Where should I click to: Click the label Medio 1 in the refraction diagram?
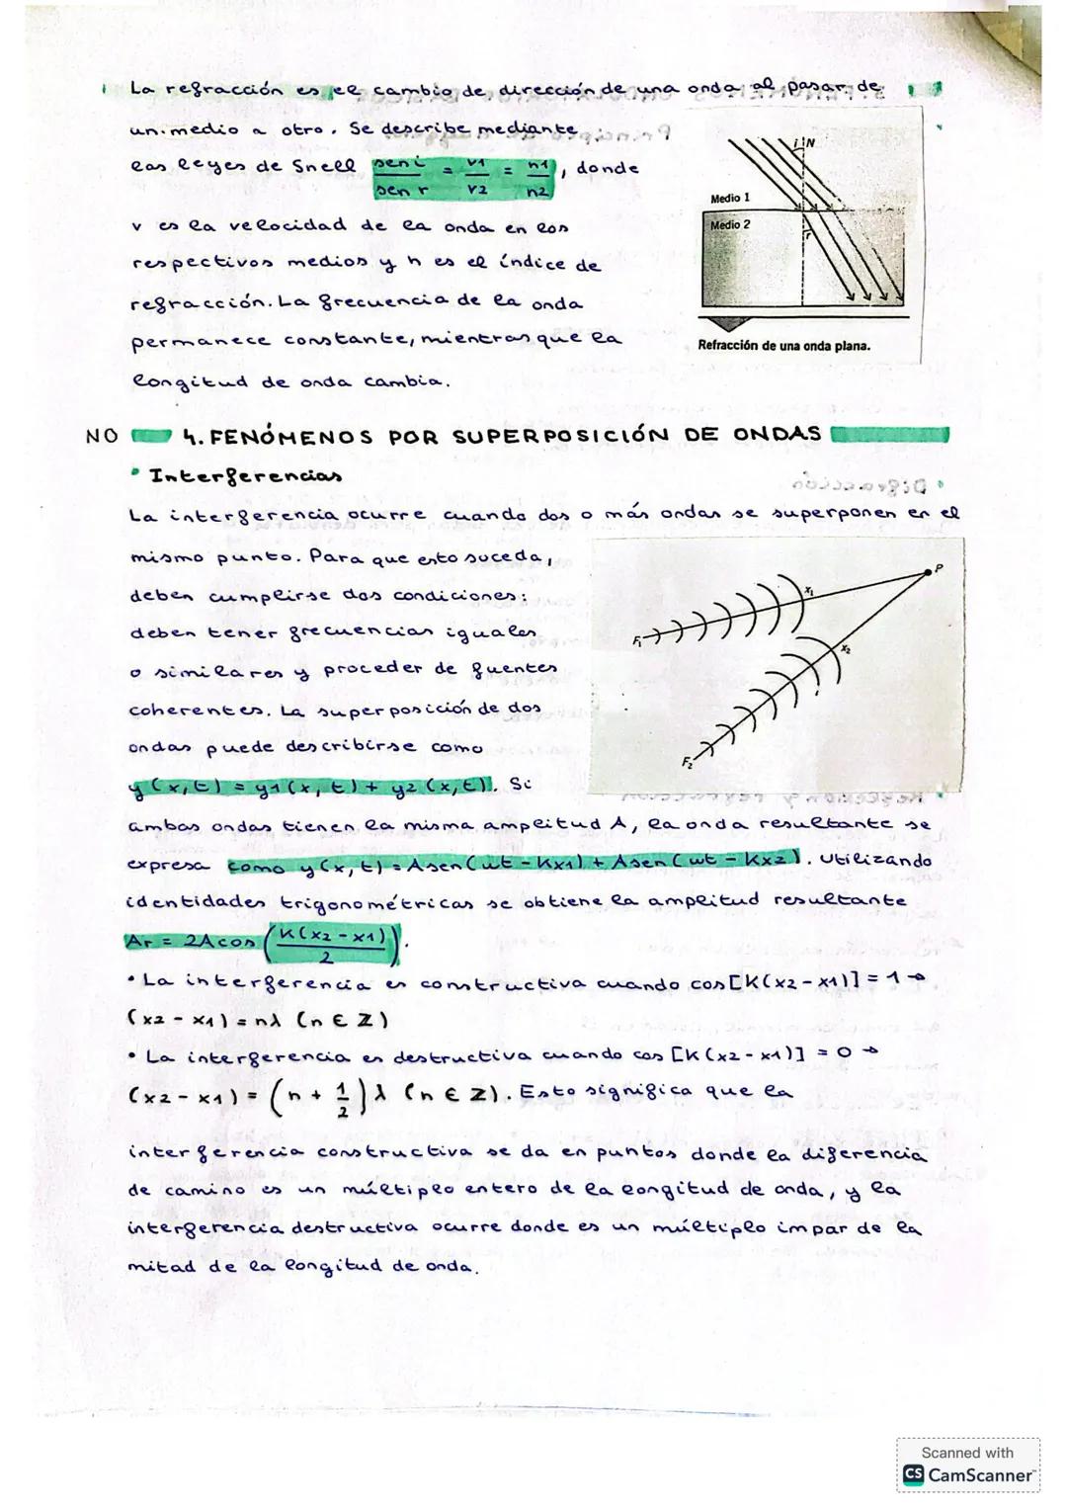point(730,199)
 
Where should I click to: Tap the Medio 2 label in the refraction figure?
point(730,225)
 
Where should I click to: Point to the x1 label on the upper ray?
point(809,590)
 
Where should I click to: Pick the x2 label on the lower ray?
point(846,649)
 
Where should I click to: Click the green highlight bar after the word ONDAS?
point(890,435)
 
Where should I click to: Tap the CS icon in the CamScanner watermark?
point(913,1475)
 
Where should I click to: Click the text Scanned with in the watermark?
point(966,1452)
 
